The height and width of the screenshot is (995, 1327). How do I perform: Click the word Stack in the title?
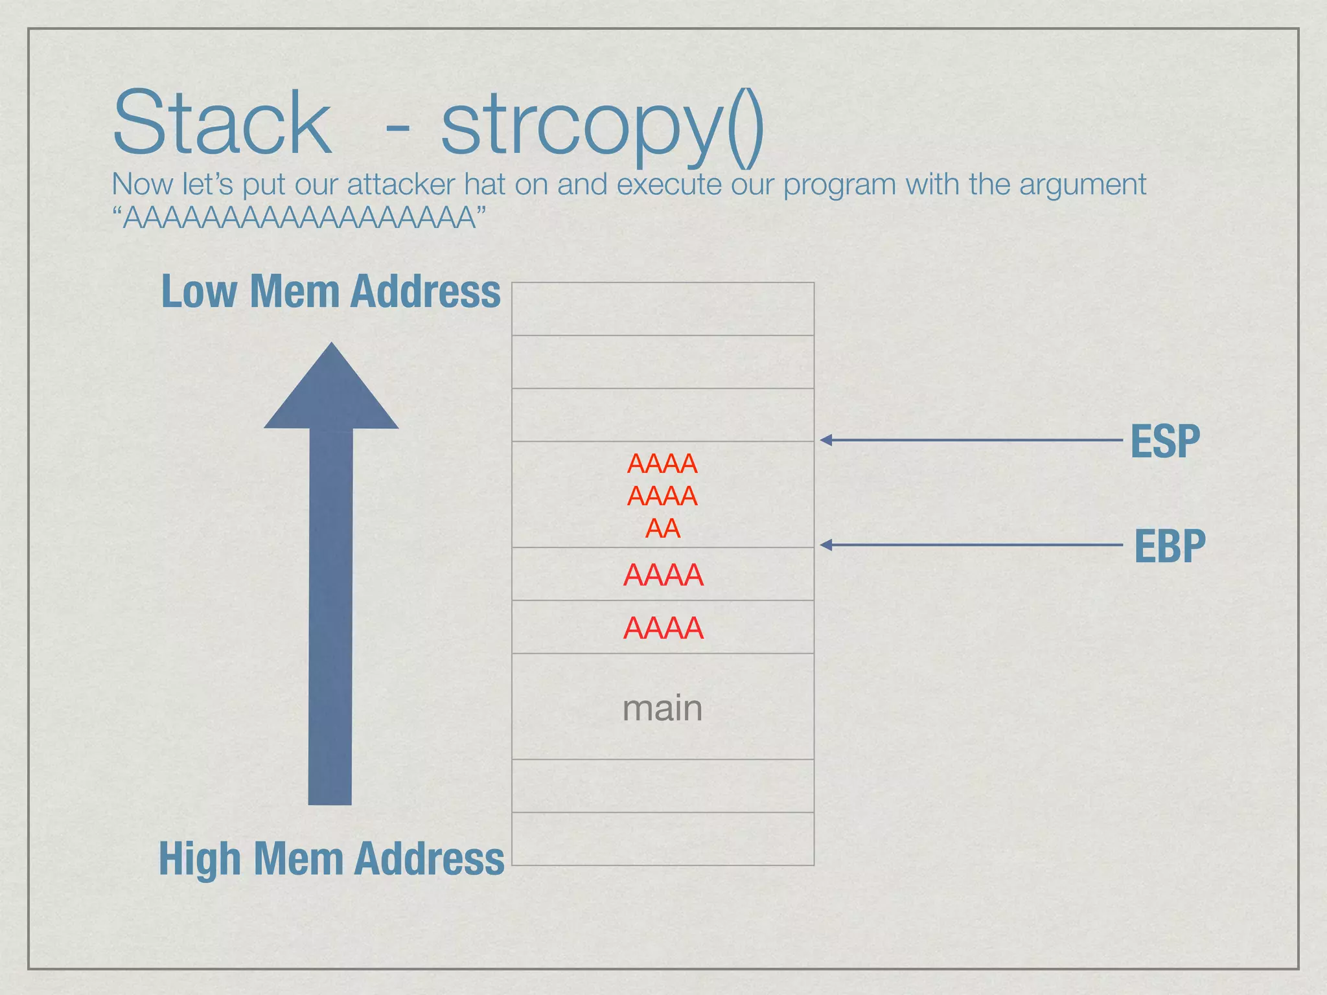pos(222,123)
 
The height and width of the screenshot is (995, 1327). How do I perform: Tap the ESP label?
pos(1165,441)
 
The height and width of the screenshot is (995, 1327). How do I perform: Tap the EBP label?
pos(1170,546)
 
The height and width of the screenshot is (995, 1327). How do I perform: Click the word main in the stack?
pos(662,708)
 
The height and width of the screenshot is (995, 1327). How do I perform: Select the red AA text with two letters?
pos(663,529)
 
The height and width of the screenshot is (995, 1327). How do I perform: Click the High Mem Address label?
pos(331,858)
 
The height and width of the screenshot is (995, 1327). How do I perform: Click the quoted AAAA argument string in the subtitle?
pos(299,218)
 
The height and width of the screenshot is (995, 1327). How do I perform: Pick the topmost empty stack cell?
pos(662,309)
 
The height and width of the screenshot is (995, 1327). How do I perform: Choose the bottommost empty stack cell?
pos(662,839)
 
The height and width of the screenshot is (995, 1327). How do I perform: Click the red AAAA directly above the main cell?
pos(663,628)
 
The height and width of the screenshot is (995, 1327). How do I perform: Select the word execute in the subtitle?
pos(669,185)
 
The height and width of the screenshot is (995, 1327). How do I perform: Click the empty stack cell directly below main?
pos(662,786)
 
